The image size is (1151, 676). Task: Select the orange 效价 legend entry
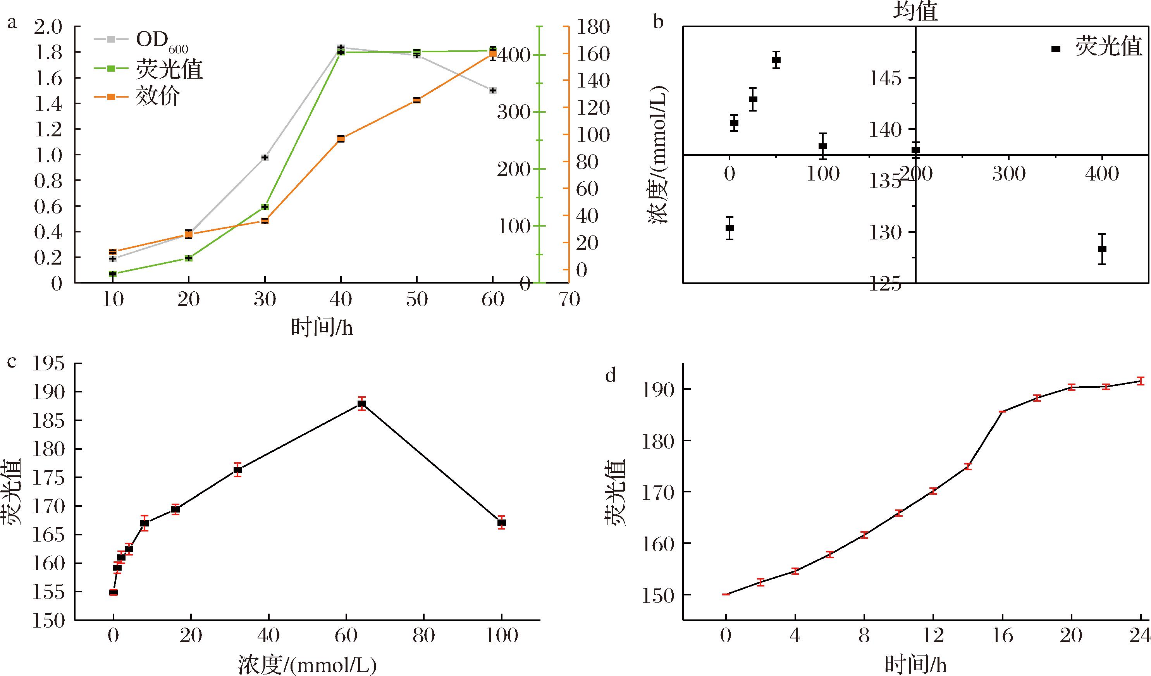157,96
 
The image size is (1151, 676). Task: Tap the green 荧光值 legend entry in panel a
169,69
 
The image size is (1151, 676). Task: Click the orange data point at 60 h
493,54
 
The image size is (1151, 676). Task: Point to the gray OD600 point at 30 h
265,158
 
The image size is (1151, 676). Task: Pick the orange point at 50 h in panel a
416,100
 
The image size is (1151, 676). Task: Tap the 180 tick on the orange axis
592,28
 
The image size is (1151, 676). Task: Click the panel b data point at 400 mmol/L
1102,249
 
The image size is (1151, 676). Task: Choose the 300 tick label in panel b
1008,174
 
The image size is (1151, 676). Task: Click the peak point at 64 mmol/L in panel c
362,404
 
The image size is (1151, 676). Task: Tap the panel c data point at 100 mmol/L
502,523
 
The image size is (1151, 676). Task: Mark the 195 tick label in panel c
48,365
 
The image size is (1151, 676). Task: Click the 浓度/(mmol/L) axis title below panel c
307,665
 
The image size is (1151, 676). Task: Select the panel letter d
611,375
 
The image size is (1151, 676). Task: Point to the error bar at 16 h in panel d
1003,411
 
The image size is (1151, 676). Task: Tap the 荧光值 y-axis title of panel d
615,492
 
